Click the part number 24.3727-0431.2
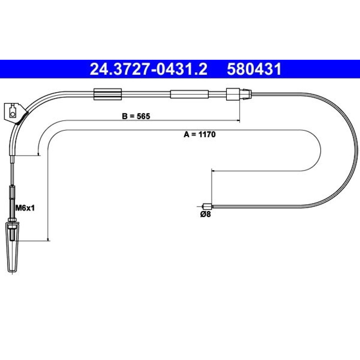point(148,69)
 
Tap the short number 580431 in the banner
point(254,69)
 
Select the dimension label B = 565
point(136,116)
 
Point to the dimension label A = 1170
point(199,134)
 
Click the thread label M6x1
point(25,208)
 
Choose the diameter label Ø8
point(206,215)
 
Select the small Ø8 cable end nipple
point(208,206)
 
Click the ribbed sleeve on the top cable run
point(108,94)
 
